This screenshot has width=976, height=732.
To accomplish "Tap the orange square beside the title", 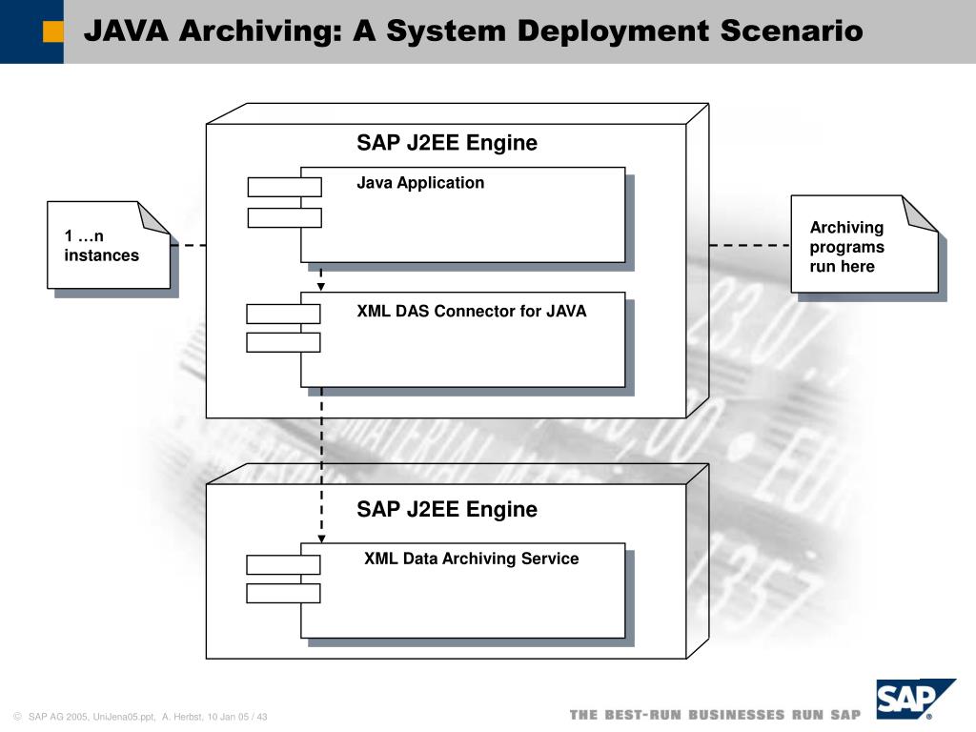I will point(53,31).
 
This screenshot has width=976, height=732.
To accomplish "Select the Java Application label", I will point(420,183).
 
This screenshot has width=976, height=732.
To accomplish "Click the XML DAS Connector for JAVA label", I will point(472,311).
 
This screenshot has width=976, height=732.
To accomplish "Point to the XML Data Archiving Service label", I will point(471,559).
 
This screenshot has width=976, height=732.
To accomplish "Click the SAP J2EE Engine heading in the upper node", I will point(447,143).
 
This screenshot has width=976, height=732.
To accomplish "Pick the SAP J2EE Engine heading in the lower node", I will point(447,509).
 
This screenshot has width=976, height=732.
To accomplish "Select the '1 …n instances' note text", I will point(101,246).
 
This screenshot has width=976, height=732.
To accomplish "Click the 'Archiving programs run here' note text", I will point(846,247).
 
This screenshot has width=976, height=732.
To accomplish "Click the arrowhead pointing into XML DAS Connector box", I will point(321,286).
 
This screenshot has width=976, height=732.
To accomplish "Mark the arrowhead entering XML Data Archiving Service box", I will point(321,539).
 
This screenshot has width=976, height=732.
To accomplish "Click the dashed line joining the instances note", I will point(188,245).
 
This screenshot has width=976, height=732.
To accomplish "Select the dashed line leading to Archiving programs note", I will point(749,245).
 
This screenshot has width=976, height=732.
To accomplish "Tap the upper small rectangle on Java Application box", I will point(284,187).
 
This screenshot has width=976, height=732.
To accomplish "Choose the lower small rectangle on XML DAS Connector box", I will point(283,342).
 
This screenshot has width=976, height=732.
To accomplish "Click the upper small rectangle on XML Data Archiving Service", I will point(283,564).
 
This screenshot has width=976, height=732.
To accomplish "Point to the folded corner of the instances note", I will point(155,217).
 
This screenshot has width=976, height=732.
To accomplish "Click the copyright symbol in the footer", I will point(17,717).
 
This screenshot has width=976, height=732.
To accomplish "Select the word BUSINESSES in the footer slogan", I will point(738,715).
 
